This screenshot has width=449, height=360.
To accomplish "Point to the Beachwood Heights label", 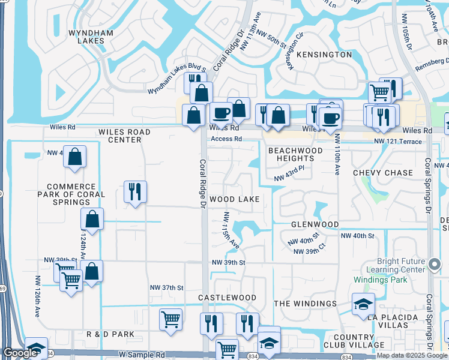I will tap(291, 154).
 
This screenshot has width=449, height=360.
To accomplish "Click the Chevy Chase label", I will tap(383, 173).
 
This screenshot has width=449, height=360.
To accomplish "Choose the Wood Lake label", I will tap(234, 199).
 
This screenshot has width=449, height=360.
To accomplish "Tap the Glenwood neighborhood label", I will tap(315, 224).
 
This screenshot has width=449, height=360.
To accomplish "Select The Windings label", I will tap(305, 304).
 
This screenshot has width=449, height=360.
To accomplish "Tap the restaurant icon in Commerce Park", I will tap(135, 192).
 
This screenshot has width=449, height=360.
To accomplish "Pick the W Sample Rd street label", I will tap(142, 355).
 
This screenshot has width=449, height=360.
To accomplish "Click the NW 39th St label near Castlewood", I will tap(228, 263).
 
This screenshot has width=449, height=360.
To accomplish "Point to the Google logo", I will tap(20, 353).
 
